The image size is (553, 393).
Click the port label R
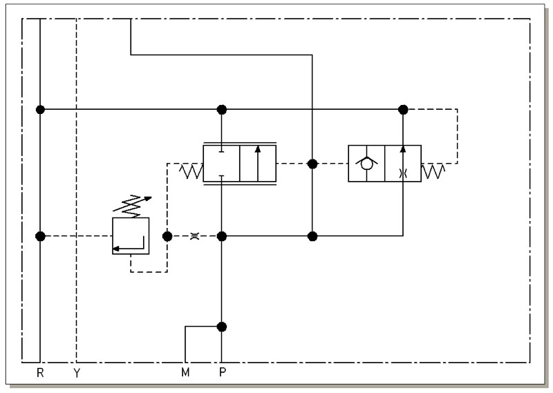pos(40,372)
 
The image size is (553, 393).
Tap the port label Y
pos(77,372)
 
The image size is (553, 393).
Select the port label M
pos(185,372)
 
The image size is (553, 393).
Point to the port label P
pos(222,372)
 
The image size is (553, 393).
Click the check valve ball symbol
pos(366,164)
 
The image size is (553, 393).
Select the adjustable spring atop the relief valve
pos(132,206)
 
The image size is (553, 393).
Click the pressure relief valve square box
pos(131,236)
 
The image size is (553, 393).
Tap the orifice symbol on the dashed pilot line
pos(194,236)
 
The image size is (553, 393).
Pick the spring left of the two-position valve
pos(191,171)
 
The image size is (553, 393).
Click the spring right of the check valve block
pos(433,171)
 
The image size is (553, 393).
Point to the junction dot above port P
pos(221,327)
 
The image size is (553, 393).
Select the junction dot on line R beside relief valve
pos(41,236)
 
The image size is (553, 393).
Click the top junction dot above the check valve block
pos(403,110)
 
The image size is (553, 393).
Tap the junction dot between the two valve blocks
pos(312,164)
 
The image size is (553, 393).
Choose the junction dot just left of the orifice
pos(167,236)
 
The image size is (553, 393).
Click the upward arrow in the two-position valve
pos(258,163)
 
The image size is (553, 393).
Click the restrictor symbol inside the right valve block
pos(403,173)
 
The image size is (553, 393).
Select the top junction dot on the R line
pos(41,110)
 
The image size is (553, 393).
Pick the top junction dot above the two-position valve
pos(221,110)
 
